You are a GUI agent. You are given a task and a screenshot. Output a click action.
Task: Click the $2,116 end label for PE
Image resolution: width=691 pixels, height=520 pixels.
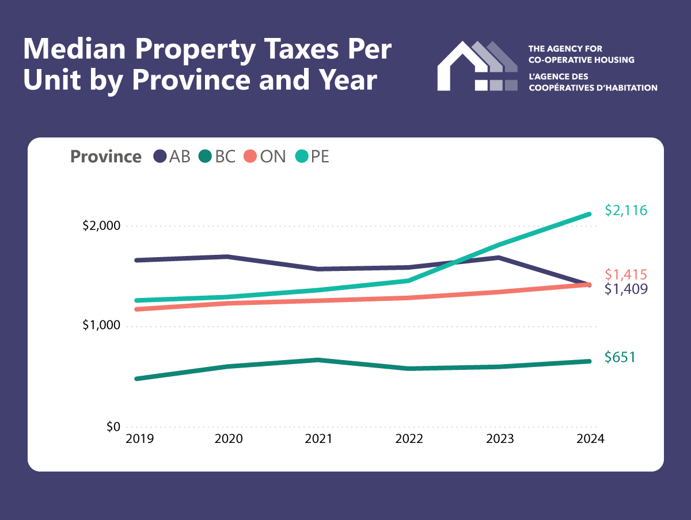626,211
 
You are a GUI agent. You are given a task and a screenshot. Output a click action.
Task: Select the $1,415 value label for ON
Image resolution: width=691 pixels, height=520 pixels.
626,274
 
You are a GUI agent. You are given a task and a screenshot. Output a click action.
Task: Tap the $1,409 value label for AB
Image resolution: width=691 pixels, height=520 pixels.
626,289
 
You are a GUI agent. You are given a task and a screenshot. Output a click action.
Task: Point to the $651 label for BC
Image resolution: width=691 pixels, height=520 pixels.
620,357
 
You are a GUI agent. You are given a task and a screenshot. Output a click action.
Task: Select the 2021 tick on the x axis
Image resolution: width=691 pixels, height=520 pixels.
318,439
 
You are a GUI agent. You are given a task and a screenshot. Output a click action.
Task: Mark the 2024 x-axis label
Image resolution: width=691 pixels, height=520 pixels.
589,439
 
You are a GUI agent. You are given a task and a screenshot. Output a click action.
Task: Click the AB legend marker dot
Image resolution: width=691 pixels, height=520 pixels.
160,156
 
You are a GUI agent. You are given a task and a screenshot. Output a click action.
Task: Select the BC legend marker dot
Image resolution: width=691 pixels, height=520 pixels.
206,156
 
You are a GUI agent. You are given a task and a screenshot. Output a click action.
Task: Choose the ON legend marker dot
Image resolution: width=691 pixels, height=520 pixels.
250,156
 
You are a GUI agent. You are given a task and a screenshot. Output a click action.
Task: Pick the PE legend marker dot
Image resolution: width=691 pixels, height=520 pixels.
302,156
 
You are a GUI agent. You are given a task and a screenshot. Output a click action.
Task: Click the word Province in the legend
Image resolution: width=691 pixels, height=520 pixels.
106,156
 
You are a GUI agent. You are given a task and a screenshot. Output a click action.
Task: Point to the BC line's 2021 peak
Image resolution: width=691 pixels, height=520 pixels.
318,360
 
